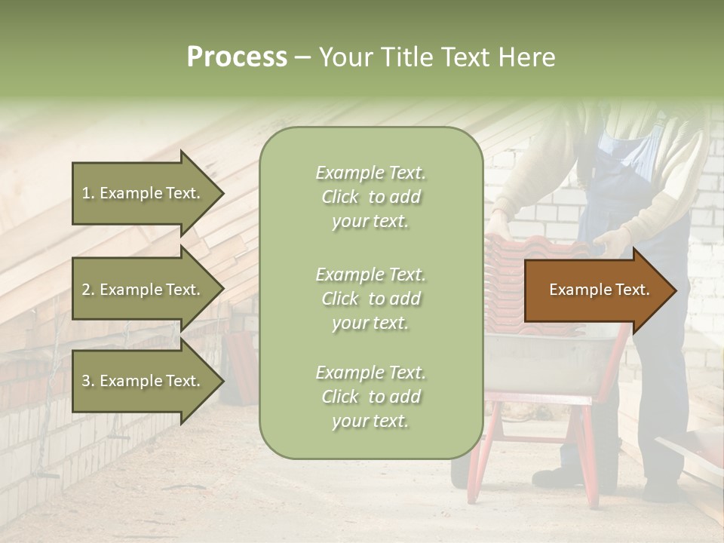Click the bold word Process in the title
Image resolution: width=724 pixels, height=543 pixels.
(237, 57)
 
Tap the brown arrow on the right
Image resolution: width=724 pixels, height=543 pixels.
(596, 290)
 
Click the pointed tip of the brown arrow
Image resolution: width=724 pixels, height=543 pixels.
(673, 290)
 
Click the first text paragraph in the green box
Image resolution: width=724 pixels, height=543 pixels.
(370, 197)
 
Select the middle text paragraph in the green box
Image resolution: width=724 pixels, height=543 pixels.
(370, 299)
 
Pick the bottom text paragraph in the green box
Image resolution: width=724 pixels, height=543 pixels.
(370, 397)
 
